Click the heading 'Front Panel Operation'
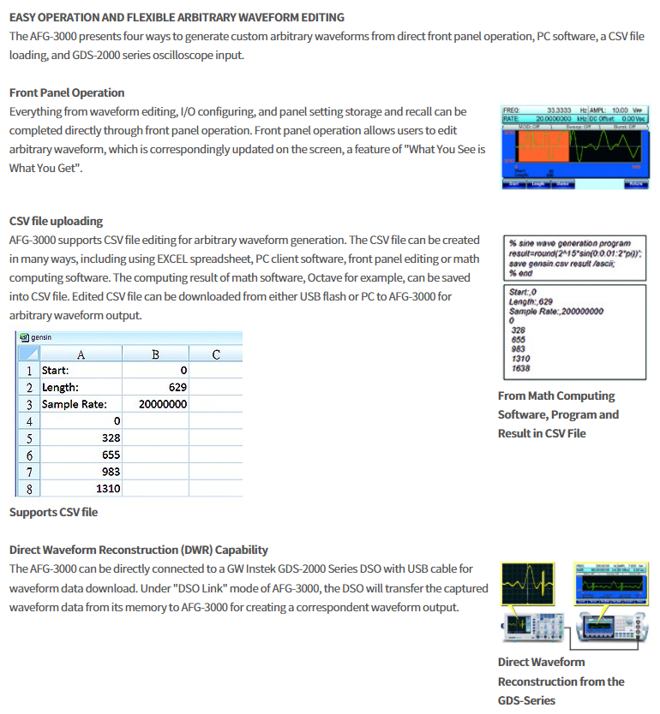point(67,92)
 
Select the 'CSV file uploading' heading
point(56,221)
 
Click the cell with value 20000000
point(155,404)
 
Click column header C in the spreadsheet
point(215,354)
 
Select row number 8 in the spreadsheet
point(29,489)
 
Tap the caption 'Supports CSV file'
point(53,512)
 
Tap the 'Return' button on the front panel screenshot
point(636,183)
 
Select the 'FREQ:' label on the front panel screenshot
point(512,110)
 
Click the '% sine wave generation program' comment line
point(569,244)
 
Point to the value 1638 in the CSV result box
point(520,368)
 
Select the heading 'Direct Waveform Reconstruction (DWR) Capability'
point(138,550)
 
